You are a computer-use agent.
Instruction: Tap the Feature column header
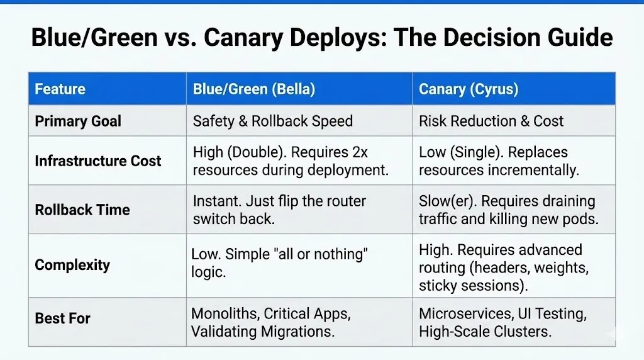60,89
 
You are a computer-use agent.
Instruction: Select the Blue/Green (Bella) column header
253,89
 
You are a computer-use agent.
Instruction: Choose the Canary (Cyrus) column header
469,89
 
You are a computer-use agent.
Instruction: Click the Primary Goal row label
78,121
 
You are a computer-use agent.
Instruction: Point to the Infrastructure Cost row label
98,160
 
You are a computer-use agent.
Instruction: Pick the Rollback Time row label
82,210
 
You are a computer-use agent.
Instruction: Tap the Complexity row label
72,265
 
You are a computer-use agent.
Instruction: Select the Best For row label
62,318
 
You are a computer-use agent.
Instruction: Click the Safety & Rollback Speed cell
272,121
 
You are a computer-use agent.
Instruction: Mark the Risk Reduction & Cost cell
491,121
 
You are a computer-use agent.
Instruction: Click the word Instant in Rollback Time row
216,201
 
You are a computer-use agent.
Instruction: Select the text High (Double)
233,152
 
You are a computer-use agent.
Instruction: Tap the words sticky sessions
468,286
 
